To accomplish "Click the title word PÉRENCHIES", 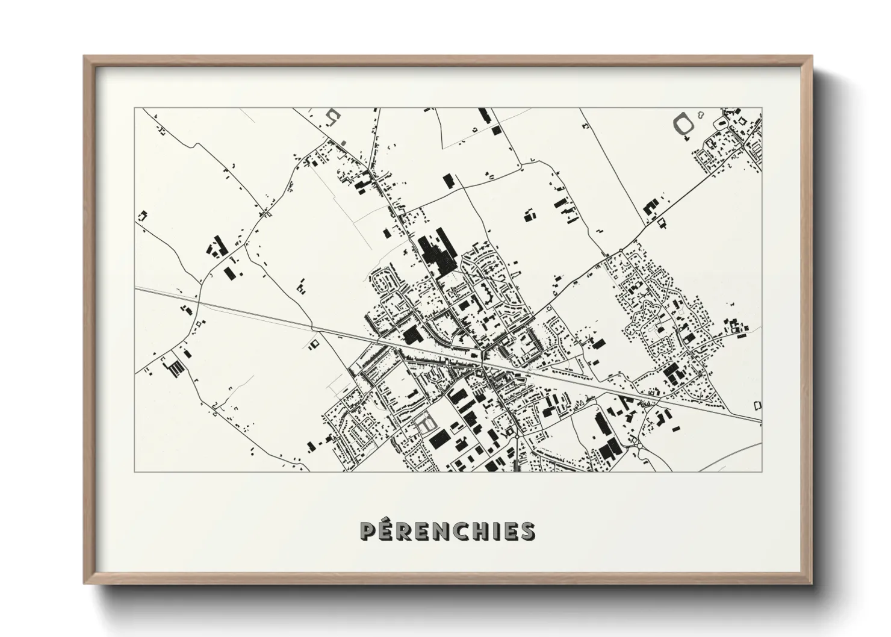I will [446, 530].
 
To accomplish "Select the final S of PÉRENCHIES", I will [527, 531].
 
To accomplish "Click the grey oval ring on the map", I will [683, 124].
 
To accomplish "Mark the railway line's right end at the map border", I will [761, 421].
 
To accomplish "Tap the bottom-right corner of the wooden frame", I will [812, 584].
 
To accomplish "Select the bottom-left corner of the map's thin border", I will [135, 471].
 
